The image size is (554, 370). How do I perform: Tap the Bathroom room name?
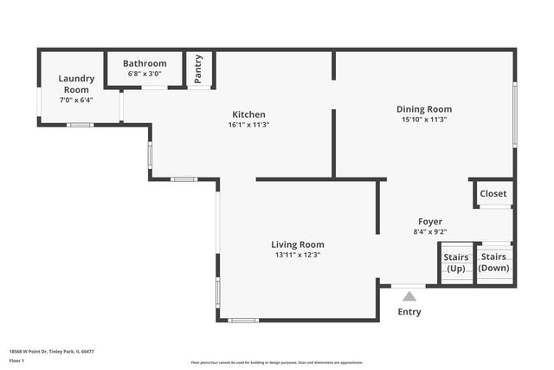pos(145,63)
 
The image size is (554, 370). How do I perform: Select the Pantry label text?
pos(199,68)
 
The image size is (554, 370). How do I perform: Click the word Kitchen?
pos(248,114)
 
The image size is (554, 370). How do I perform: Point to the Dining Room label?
pos(424,109)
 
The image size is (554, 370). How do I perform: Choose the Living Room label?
pos(298,244)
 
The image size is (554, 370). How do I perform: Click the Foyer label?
pos(430,221)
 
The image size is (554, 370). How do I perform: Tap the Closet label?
pos(493,193)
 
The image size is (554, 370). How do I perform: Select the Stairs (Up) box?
pos(456,263)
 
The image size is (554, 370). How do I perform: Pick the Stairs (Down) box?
pos(493,263)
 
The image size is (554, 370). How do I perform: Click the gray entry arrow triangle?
pos(409,296)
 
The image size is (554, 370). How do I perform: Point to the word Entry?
pos(409,312)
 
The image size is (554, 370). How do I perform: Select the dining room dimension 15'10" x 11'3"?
pos(424,120)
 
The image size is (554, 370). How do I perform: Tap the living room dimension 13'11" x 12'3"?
pos(298,255)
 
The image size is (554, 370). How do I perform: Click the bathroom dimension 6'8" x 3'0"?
pos(145,74)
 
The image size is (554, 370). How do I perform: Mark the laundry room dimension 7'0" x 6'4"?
pos(75,100)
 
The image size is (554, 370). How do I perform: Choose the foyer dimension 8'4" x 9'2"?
pos(430,231)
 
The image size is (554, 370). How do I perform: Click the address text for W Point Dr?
pos(51,352)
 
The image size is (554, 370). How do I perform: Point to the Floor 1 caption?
pos(16,360)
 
